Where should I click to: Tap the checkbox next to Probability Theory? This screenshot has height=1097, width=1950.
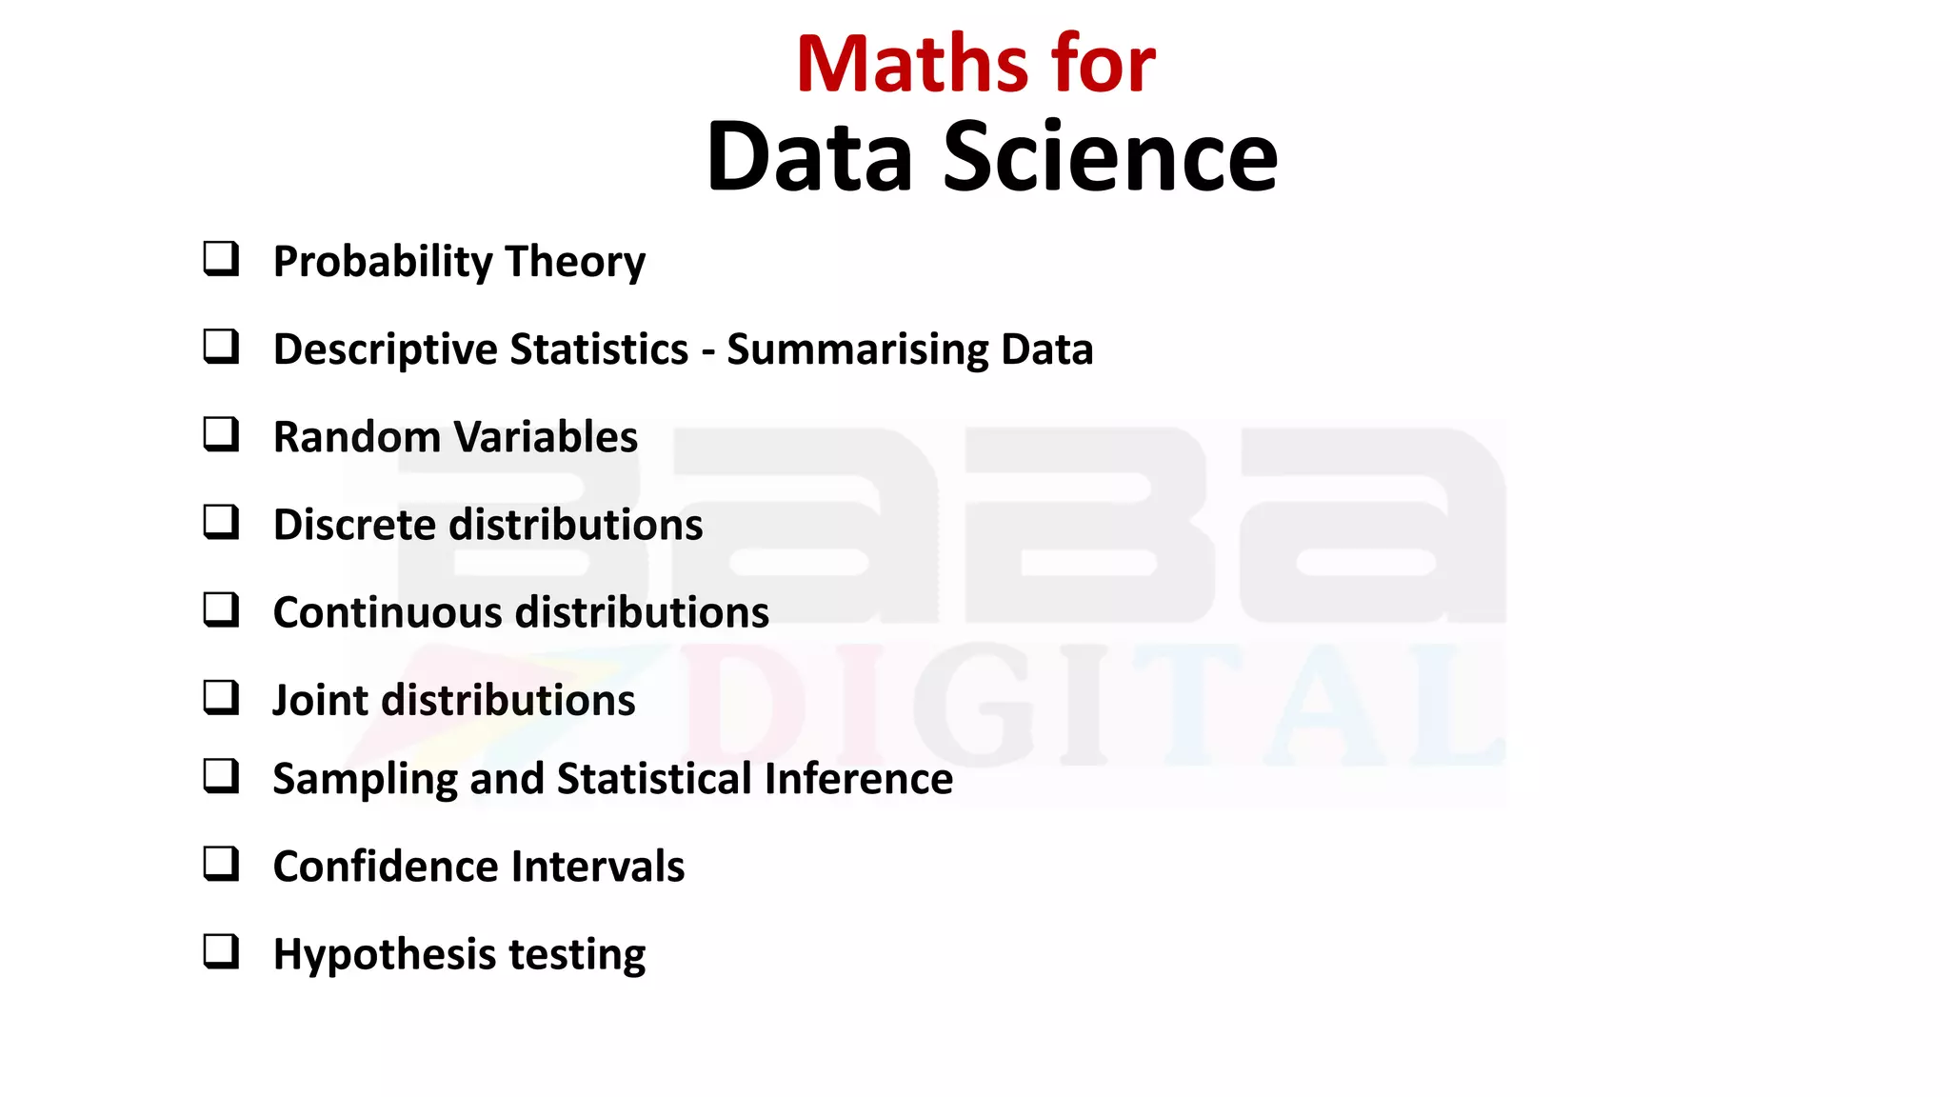click(221, 259)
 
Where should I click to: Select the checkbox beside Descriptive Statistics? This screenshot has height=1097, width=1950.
click(221, 347)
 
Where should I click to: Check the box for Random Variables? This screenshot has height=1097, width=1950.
click(221, 434)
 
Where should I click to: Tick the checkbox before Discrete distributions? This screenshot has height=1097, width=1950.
click(221, 522)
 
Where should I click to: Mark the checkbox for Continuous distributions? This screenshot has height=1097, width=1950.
click(221, 609)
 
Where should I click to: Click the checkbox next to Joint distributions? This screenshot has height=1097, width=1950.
click(221, 697)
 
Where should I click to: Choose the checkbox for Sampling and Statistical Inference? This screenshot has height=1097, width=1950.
click(221, 776)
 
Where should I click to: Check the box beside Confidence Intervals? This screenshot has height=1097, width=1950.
click(221, 864)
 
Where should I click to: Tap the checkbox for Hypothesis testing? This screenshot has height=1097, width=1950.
click(221, 951)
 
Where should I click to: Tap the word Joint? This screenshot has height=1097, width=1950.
click(319, 701)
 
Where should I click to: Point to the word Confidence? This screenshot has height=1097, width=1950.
click(385, 867)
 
